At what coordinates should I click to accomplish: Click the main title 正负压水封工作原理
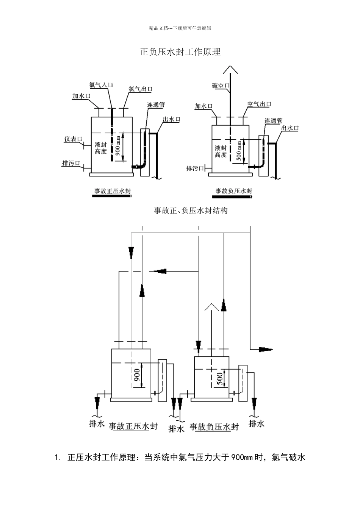(x=180, y=52)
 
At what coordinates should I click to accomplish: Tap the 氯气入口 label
(x=101, y=85)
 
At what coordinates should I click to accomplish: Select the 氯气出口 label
(x=141, y=89)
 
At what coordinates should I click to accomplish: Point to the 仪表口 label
(x=73, y=139)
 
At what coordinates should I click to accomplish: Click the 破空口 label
(x=221, y=86)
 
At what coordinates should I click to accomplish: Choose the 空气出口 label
(x=259, y=104)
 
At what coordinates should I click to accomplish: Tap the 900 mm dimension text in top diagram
(x=118, y=146)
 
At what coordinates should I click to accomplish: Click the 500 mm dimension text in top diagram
(x=239, y=151)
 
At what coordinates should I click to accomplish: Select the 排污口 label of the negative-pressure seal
(x=195, y=169)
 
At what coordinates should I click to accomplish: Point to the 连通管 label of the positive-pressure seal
(x=156, y=105)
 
